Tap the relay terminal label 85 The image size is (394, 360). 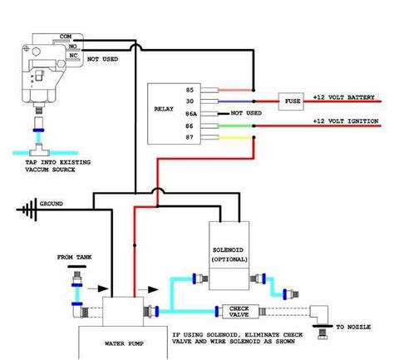(x=190, y=90)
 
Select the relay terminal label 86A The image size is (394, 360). (x=191, y=114)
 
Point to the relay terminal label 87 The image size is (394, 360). (x=190, y=137)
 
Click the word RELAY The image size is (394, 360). (x=164, y=109)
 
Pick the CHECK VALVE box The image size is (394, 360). (x=240, y=312)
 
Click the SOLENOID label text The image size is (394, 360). (x=228, y=250)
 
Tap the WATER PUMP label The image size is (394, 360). (x=124, y=343)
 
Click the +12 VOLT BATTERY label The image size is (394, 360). (x=344, y=97)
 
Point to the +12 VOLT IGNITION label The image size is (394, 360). (x=346, y=121)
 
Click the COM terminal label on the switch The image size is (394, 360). (x=66, y=37)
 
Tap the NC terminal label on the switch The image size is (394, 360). (x=73, y=56)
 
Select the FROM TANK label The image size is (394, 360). (x=74, y=257)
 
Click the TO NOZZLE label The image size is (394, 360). (x=353, y=327)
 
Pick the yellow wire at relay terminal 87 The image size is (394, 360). (x=235, y=137)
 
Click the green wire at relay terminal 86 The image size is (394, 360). (x=235, y=126)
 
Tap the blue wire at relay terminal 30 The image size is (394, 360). (x=235, y=101)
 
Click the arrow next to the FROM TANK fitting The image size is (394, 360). (x=98, y=288)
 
